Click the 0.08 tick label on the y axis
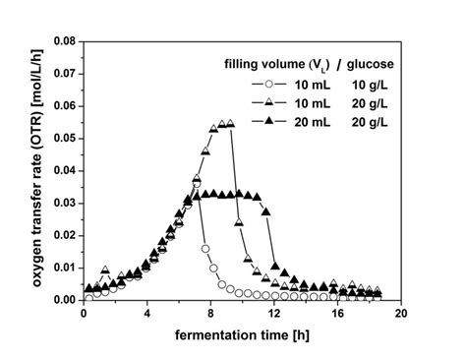tap(63, 41)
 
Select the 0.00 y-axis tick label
tap(63, 299)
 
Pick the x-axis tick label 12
tap(273, 314)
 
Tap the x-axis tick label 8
tap(210, 314)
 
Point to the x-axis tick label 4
tap(147, 314)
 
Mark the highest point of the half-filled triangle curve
tap(230, 124)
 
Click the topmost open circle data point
tap(197, 183)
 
